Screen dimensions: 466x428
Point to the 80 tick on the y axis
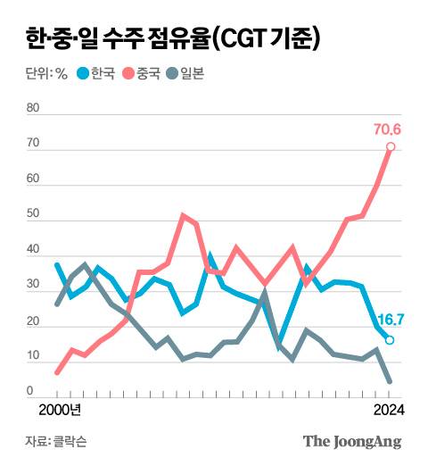click(x=34, y=108)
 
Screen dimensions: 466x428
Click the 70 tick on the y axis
click(x=34, y=144)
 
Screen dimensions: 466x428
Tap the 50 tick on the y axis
click(x=34, y=215)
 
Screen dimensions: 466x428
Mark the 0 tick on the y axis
click(x=30, y=390)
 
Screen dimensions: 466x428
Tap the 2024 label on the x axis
click(x=388, y=410)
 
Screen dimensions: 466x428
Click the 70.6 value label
click(x=387, y=130)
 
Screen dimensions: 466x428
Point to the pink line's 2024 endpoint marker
click(x=391, y=147)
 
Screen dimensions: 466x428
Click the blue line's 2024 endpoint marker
click(x=390, y=340)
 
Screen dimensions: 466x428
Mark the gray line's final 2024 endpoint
click(x=390, y=380)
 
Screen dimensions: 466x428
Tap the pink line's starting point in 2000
click(x=57, y=372)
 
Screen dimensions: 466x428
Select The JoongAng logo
click(x=351, y=441)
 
